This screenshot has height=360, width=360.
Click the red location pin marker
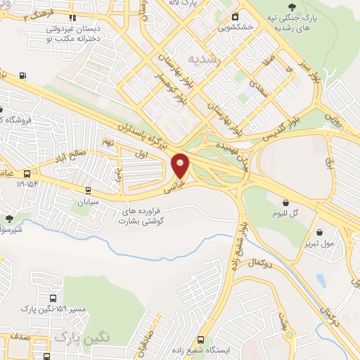pyautogui.click(x=181, y=165)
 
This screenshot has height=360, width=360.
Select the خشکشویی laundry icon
pyautogui.click(x=236, y=15)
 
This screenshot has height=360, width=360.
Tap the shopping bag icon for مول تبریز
pyautogui.click(x=319, y=232)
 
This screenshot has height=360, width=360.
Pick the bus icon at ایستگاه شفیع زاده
pyautogui.click(x=201, y=340)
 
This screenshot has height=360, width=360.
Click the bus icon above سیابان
pyautogui.click(x=88, y=190)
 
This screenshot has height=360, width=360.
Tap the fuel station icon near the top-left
pyautogui.click(x=25, y=75)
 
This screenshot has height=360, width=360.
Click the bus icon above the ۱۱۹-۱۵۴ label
pyautogui.click(x=27, y=174)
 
